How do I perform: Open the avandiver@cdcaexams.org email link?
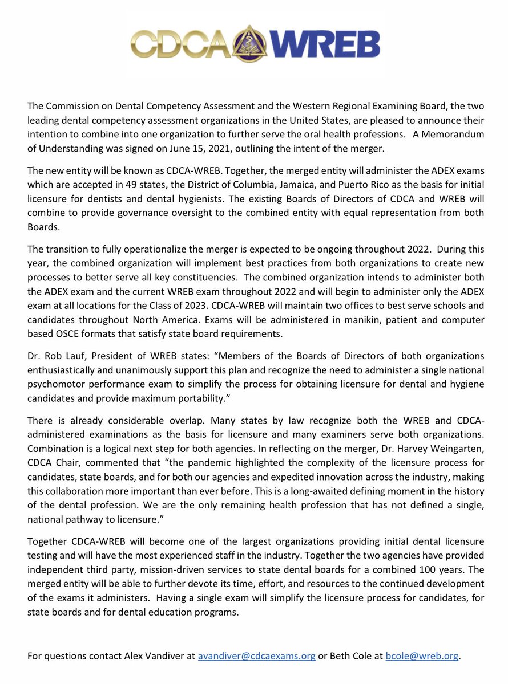point(257,656)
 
